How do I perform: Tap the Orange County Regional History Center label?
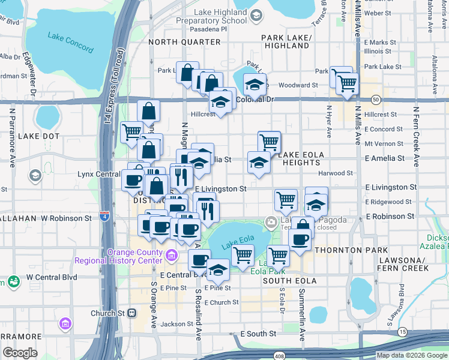[118, 256]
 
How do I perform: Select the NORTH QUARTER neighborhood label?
[184, 42]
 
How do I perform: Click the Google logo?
[20, 353]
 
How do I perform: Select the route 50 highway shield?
[375, 99]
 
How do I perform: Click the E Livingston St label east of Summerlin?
[390, 188]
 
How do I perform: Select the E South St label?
[258, 334]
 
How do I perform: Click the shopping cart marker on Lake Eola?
[243, 254]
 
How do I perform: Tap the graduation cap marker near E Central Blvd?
[218, 269]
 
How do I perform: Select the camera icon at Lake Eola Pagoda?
[271, 222]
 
